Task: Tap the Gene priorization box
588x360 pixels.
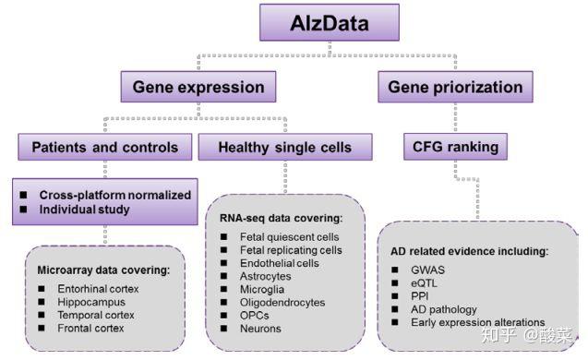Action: [x=454, y=89]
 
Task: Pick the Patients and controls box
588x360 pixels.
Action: [x=103, y=147]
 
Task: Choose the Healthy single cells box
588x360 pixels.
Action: [x=284, y=147]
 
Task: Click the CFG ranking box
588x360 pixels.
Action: [x=455, y=147]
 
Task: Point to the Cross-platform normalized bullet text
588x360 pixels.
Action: [x=114, y=195]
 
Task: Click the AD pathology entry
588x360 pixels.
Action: [x=444, y=308]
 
